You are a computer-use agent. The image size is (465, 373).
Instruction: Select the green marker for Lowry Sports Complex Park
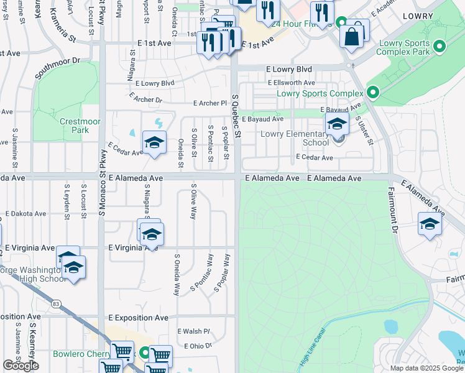tap(440, 47)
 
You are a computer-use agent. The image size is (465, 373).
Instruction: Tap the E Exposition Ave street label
tap(138, 318)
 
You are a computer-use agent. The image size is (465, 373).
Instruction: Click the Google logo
tap(21, 366)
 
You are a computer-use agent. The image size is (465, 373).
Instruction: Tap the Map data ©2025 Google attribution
tap(426, 368)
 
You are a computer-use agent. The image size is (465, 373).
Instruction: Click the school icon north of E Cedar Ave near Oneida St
tap(154, 143)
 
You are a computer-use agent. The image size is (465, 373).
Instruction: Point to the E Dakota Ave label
tap(25, 213)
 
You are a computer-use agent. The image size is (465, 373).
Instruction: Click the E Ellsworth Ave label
tap(292, 83)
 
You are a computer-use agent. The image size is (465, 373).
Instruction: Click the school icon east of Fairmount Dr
tap(430, 224)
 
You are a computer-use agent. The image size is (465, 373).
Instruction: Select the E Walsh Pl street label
tap(194, 331)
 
